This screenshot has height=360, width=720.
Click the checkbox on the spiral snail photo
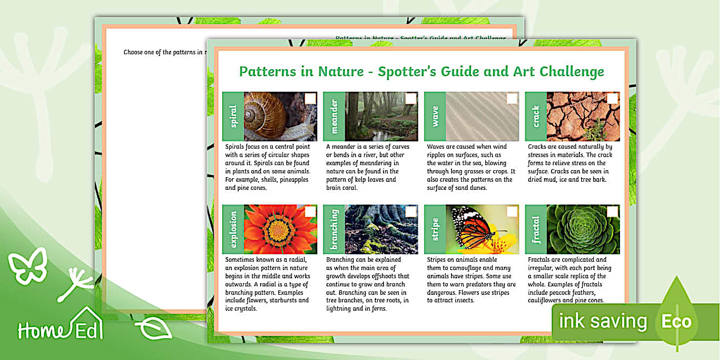click(310, 99)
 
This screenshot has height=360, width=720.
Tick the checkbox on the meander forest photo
click(410, 99)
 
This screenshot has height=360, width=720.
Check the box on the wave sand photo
click(511, 99)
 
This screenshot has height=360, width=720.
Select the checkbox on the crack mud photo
click(612, 99)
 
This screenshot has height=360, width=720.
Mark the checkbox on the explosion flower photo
click(310, 212)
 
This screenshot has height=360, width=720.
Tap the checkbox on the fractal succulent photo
click(612, 212)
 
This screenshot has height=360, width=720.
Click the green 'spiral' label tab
click(233, 117)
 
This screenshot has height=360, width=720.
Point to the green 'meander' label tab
click(334, 117)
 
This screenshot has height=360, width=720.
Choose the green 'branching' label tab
click(334, 229)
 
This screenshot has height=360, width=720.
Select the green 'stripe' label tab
click(435, 229)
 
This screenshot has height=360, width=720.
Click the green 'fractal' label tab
click(535, 229)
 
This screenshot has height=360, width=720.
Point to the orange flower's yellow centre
click(278, 230)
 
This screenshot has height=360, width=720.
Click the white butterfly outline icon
click(27, 265)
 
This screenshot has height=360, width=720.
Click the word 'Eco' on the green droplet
click(677, 322)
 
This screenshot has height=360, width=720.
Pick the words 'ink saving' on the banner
click(603, 322)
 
